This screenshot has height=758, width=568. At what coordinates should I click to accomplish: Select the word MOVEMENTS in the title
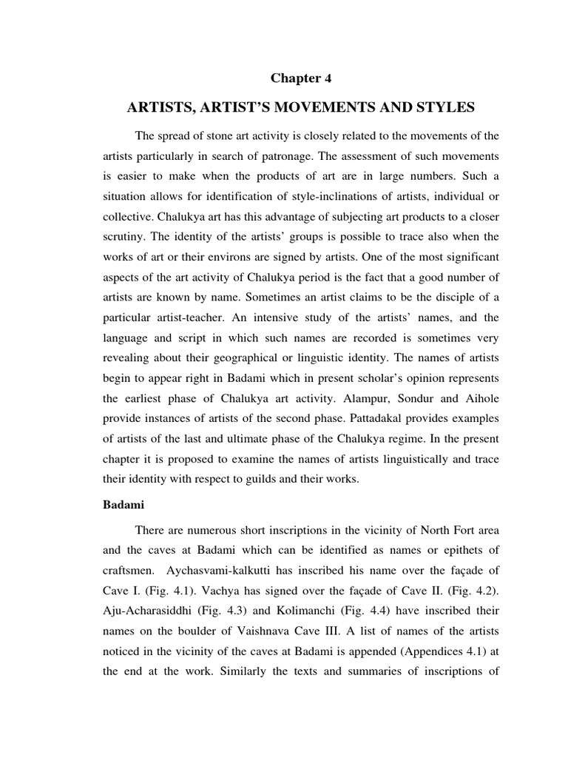click(300, 108)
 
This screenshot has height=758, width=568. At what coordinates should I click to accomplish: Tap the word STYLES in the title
click(442, 108)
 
